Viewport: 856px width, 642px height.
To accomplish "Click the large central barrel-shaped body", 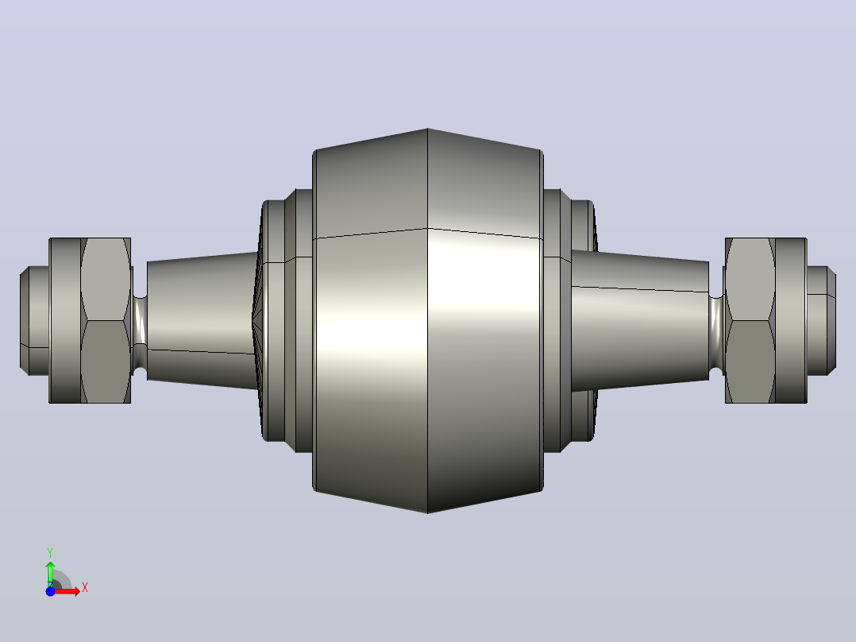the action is click(427, 321).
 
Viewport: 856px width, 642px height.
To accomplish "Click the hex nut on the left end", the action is click(106, 321).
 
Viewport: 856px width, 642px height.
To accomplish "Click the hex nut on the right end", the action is click(750, 321).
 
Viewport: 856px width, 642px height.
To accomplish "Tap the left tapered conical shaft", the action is click(202, 321).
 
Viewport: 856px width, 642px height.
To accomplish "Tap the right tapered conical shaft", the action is click(640, 321).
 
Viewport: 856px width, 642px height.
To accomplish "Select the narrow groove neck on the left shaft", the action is click(140, 321).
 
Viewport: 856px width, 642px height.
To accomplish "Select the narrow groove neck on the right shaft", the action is click(716, 321).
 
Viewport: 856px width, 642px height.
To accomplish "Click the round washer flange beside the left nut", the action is click(65, 321).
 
